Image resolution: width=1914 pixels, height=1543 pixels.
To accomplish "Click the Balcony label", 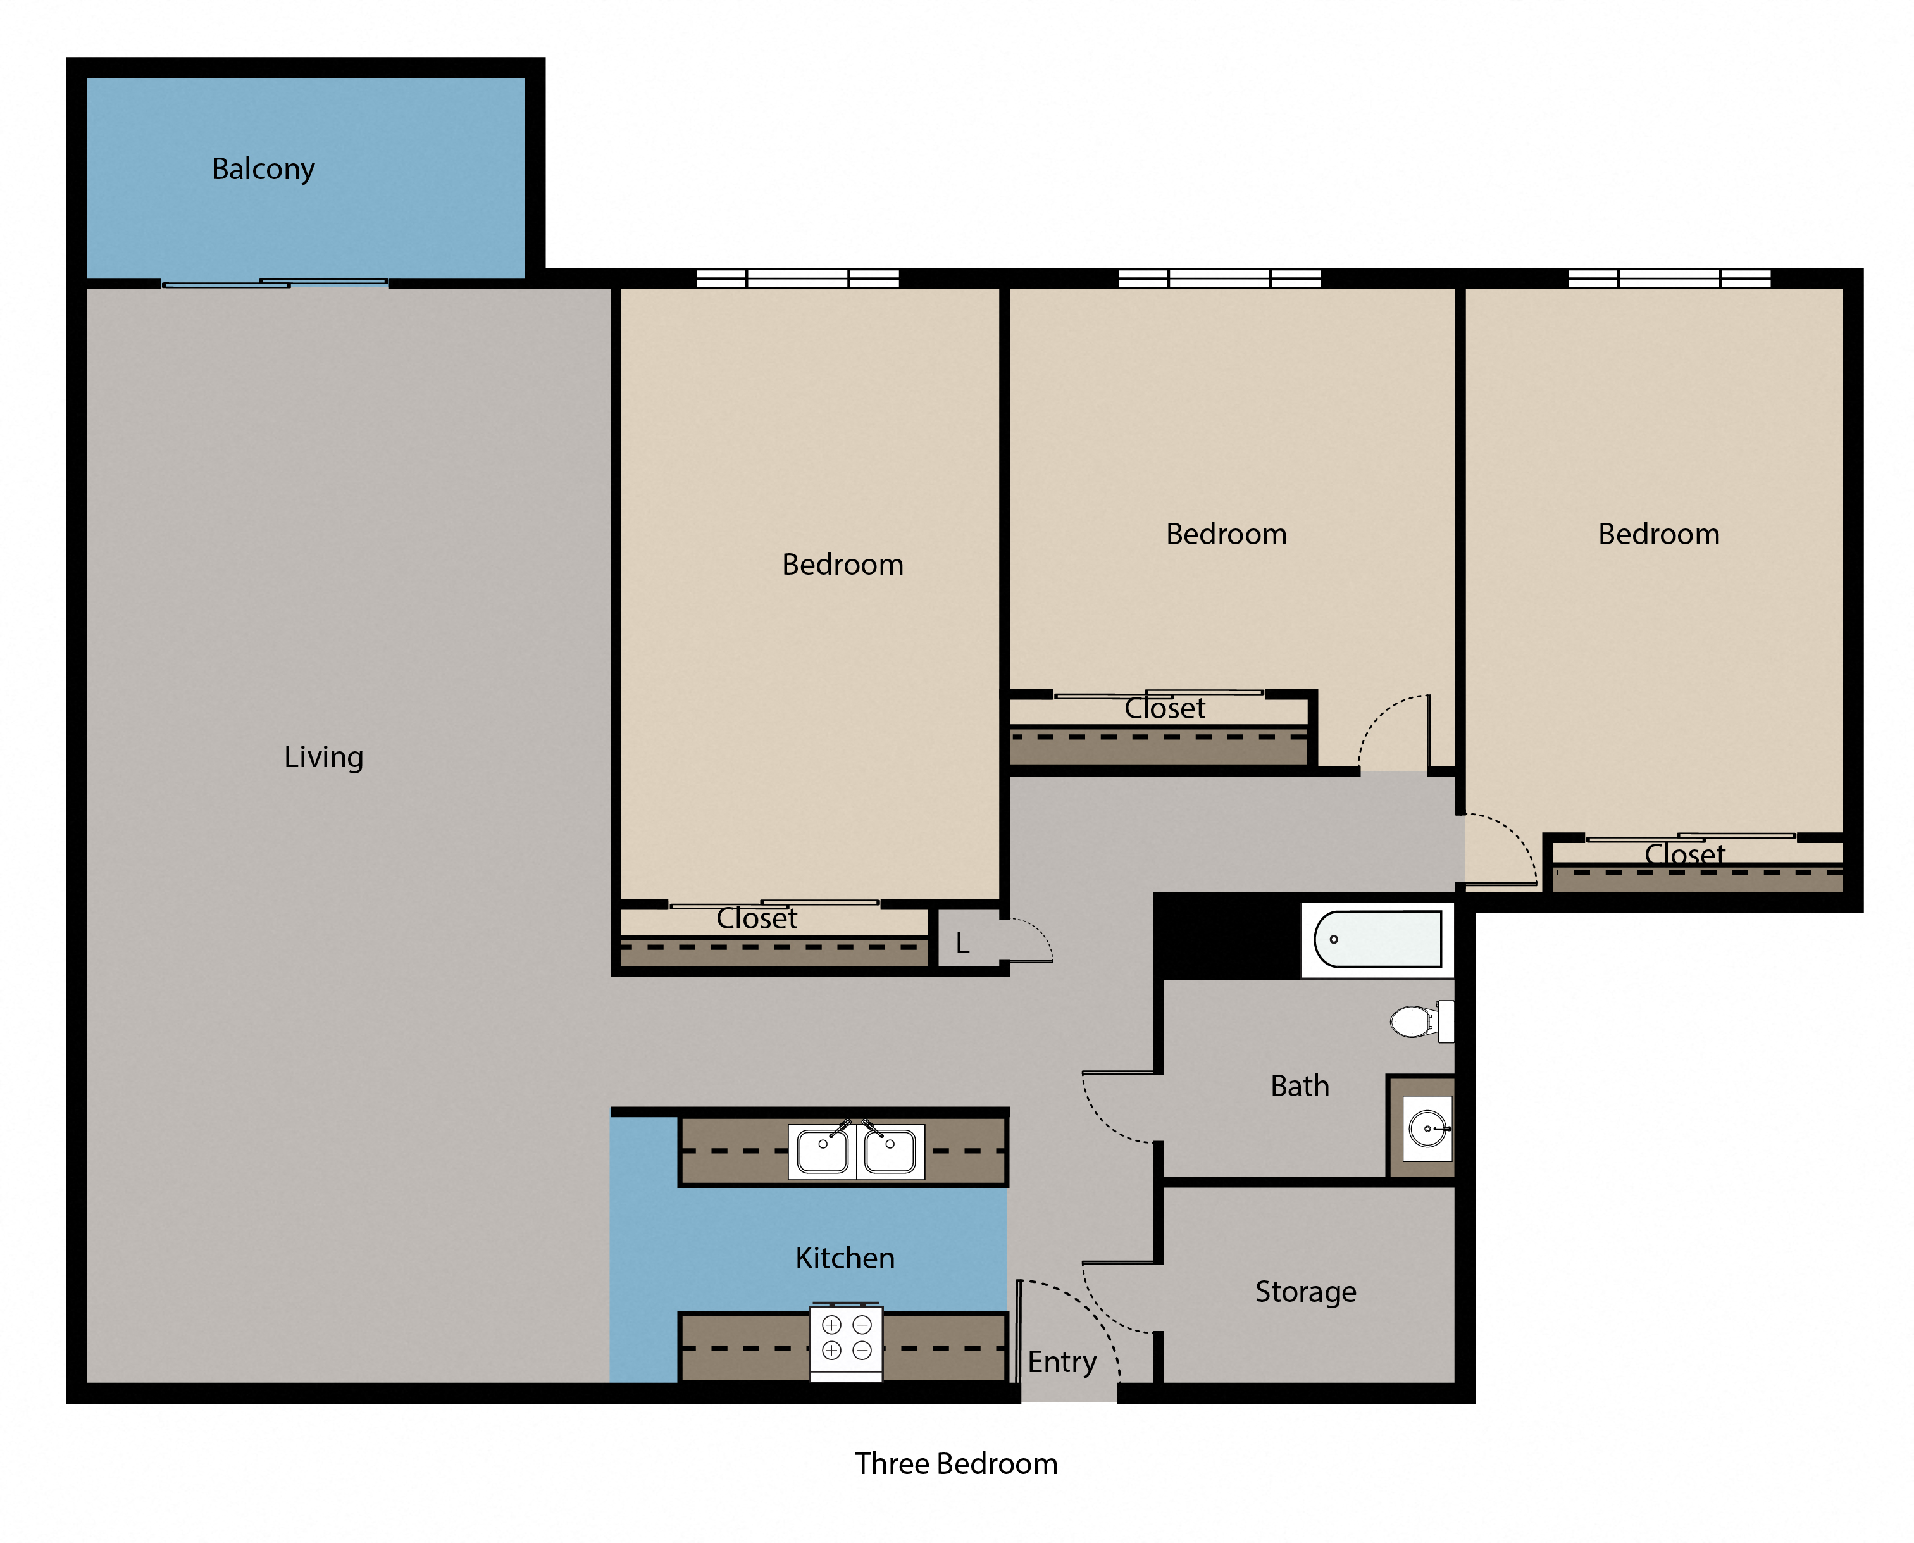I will tap(263, 169).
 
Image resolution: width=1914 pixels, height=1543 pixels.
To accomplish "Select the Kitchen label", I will tap(844, 1258).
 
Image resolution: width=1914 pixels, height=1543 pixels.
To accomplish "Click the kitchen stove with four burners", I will tap(846, 1341).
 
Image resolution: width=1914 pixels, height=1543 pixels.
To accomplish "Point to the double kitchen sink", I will tap(855, 1152).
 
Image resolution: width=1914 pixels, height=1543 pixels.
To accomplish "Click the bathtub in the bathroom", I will tap(1377, 939).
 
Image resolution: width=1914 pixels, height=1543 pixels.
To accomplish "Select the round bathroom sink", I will tap(1426, 1129).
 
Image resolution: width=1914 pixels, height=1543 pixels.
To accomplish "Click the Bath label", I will tap(1299, 1086).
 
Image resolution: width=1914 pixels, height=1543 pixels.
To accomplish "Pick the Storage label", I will tap(1305, 1292).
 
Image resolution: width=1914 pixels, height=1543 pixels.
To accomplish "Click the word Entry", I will tap(1062, 1362).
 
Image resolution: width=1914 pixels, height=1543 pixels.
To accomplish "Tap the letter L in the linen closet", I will tap(962, 944).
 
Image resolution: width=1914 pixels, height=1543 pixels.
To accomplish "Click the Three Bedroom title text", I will tap(956, 1464).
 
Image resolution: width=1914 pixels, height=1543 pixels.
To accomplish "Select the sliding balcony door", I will tap(275, 284).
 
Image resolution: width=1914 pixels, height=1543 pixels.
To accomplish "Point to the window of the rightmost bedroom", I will tap(1669, 278).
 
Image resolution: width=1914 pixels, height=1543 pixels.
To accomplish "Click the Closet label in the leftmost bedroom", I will tap(756, 918).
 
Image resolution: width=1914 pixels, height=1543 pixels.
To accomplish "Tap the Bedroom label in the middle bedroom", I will tap(1226, 534).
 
